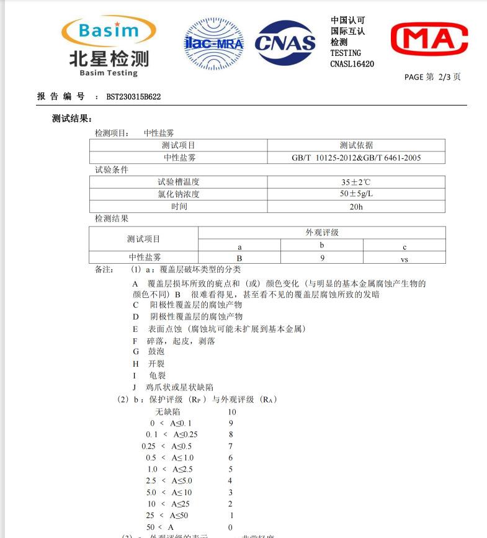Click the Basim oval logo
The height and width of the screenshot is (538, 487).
click(x=109, y=30)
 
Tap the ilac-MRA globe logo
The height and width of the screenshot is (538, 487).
click(x=213, y=42)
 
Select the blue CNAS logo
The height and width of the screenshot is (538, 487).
click(x=285, y=42)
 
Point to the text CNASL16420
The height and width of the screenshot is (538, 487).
click(x=352, y=64)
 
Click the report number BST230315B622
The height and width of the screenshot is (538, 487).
click(x=133, y=97)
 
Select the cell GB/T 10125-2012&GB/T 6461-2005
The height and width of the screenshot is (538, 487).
click(x=356, y=158)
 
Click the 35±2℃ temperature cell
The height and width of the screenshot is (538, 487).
click(x=356, y=182)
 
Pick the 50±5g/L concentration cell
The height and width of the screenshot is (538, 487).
click(x=356, y=194)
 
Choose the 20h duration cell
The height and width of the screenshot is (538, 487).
click(x=356, y=206)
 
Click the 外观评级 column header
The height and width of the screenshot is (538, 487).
click(x=321, y=233)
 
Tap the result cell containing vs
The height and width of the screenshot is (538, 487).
click(x=404, y=259)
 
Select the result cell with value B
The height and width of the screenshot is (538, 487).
click(x=239, y=258)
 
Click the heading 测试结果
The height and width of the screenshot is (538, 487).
click(x=72, y=119)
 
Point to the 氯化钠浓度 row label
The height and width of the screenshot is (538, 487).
click(x=179, y=194)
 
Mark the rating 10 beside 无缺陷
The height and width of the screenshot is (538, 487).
click(x=231, y=411)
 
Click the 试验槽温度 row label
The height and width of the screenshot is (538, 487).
click(x=179, y=182)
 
